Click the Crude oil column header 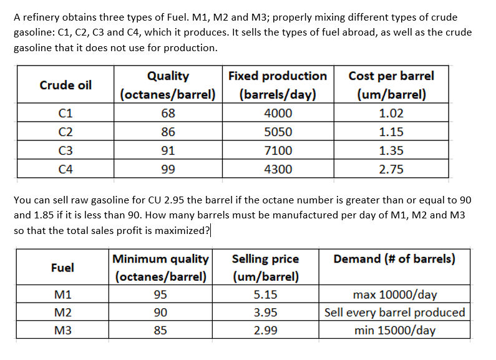(x=66, y=85)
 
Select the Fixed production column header (x=278, y=85)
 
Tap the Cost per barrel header (x=391, y=85)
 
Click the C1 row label (x=63, y=114)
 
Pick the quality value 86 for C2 (x=168, y=132)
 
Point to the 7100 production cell (x=278, y=151)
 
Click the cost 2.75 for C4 (x=391, y=170)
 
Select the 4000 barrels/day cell (x=278, y=114)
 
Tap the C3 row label (x=63, y=151)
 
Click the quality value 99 (x=168, y=170)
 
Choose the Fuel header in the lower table (x=62, y=268)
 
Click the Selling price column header (x=265, y=268)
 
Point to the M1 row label (x=62, y=294)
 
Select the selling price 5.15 (x=265, y=294)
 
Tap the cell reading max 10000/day (x=394, y=294)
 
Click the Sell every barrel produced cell (x=394, y=313)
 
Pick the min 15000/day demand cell (x=394, y=331)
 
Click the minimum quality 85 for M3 (x=160, y=331)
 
